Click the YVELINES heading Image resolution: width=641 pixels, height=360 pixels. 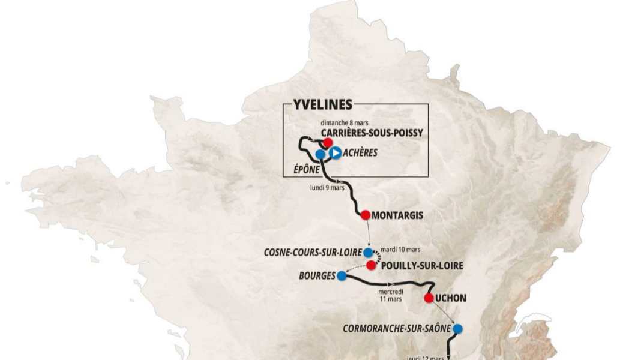[x=323, y=104]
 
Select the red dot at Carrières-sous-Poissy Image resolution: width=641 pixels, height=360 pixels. [x=328, y=142]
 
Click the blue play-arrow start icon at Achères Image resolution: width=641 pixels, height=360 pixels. [x=335, y=153]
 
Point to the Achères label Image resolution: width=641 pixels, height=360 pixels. [x=360, y=153]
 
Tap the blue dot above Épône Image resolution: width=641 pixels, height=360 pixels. [x=320, y=154]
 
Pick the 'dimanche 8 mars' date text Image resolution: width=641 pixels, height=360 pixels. [x=344, y=122]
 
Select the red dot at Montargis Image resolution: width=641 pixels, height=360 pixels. [x=365, y=214]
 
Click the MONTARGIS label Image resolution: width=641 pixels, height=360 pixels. [x=397, y=215]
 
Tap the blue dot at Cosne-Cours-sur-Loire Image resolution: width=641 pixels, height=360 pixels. [x=368, y=253]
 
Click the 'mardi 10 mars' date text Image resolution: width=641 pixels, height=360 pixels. [x=400, y=249]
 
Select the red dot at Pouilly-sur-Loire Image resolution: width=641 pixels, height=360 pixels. [x=372, y=265]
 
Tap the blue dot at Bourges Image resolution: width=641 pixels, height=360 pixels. [x=342, y=276]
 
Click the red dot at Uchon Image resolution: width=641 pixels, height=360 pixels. [x=429, y=298]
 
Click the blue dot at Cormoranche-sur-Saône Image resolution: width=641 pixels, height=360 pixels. [x=457, y=329]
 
